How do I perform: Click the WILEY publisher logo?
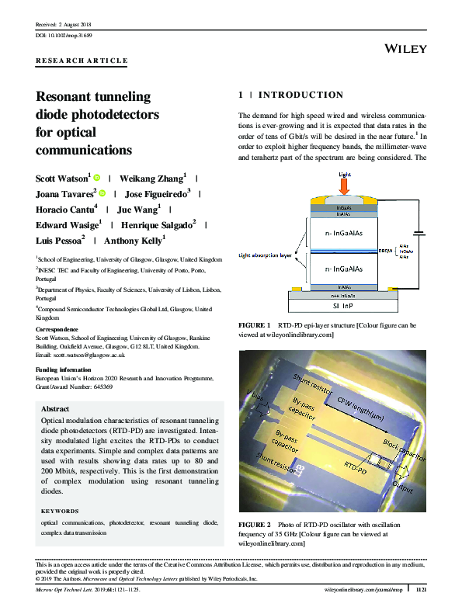[405, 49]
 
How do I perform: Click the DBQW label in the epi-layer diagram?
[386, 251]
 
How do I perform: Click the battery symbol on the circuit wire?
[420, 233]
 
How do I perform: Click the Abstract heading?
[55, 409]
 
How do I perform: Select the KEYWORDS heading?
[60, 511]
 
